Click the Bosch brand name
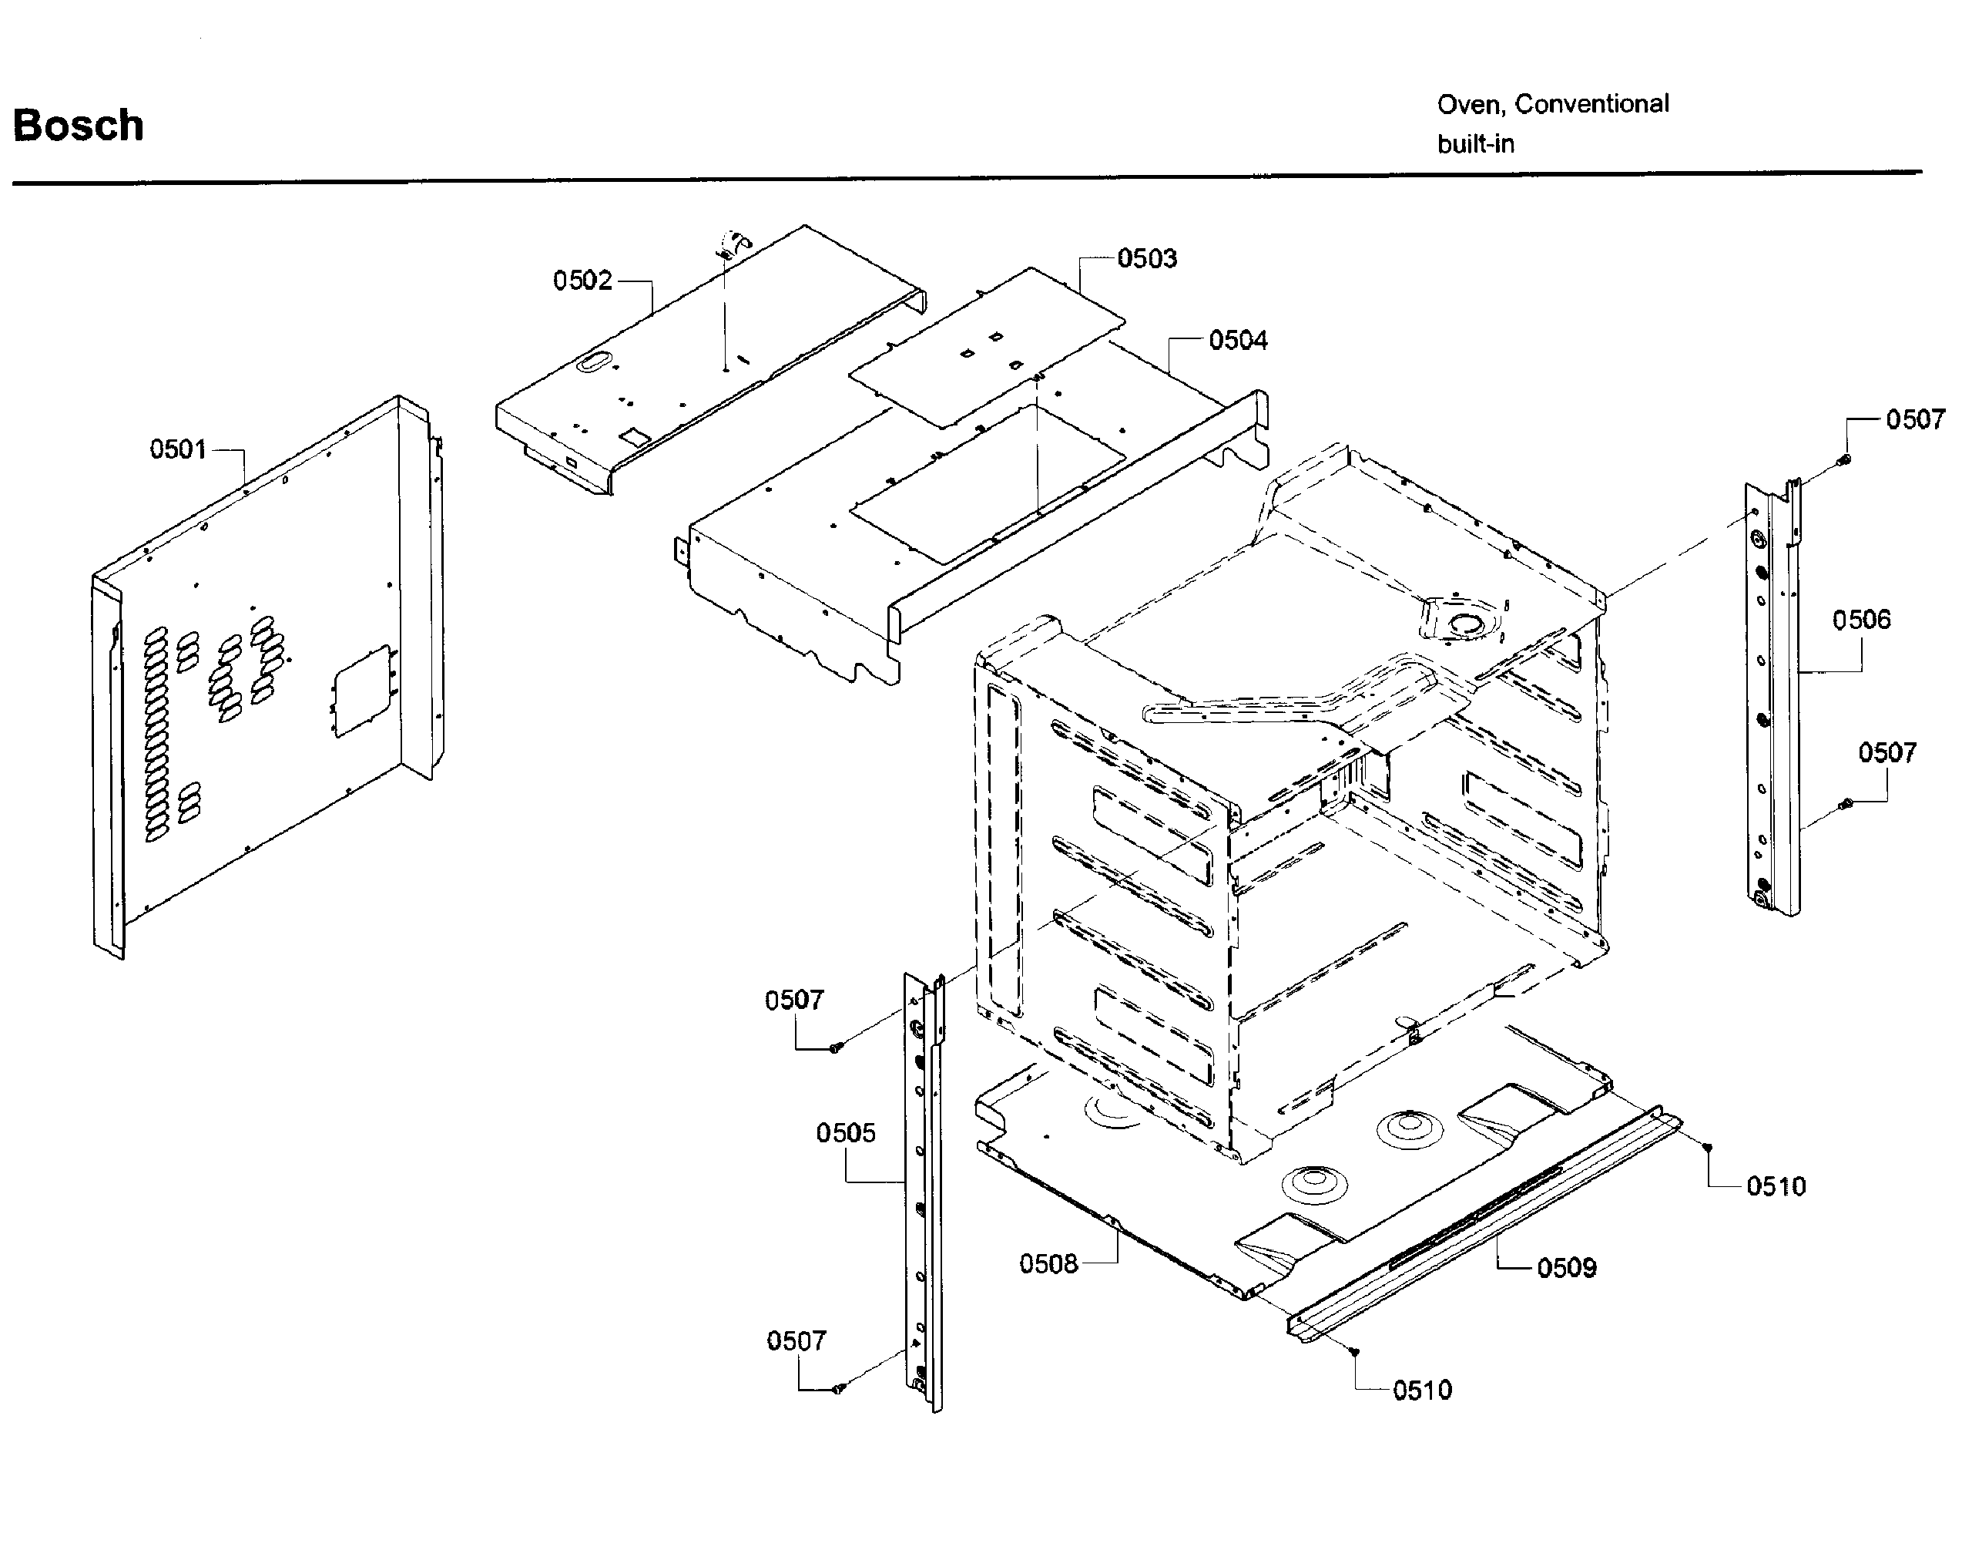79,126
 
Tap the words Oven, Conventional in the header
1552,105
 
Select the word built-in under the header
1475,145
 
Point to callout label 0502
582,281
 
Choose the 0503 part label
1147,258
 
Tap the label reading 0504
1238,341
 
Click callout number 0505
845,1133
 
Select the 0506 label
1861,620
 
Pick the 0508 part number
1048,1264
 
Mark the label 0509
1566,1267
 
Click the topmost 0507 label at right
1916,420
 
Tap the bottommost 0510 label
1422,1391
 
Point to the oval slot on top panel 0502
592,362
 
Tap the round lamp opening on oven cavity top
1465,624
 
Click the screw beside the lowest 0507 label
838,1388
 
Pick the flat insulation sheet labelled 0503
988,346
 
